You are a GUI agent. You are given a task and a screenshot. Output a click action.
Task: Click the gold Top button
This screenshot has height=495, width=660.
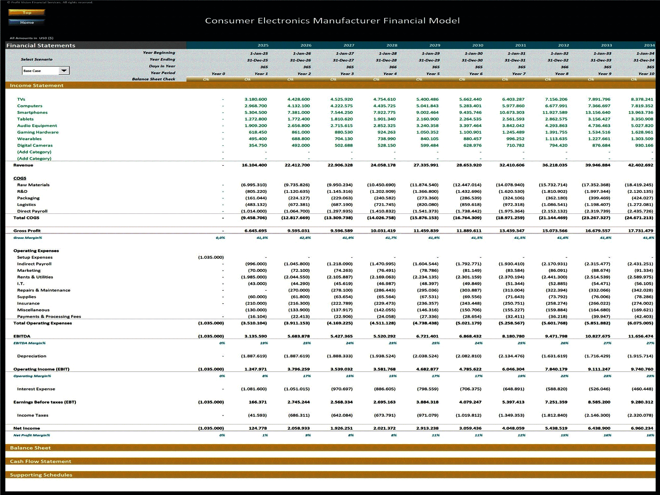point(27,12)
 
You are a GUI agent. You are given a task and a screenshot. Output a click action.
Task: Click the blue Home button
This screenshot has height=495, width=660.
point(27,22)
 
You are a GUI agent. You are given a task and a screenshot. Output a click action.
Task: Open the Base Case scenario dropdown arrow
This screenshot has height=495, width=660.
point(64,70)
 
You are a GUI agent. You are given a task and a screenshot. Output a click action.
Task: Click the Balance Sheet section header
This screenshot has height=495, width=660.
point(30,448)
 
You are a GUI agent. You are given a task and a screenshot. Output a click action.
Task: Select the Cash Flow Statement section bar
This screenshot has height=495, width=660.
point(41,461)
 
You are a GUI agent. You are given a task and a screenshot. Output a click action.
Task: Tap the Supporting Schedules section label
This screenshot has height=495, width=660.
point(41,475)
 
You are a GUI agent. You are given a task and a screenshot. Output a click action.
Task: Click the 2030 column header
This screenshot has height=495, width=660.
point(477,45)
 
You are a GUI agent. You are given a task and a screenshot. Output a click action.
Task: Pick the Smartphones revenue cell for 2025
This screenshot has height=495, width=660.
point(255,112)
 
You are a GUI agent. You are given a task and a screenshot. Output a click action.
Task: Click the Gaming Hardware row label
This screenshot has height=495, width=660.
point(38,132)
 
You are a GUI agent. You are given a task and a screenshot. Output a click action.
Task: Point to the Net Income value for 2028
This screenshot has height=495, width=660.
point(384,428)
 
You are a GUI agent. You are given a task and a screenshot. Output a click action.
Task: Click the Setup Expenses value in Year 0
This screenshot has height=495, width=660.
point(211,257)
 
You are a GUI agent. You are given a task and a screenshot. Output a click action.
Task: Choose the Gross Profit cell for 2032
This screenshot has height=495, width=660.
point(554,231)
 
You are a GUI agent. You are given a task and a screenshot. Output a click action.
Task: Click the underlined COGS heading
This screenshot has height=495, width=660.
point(20,178)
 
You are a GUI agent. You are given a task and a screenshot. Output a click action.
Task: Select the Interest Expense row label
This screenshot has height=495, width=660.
point(36,389)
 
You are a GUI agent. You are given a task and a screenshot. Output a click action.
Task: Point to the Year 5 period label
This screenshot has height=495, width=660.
point(433,74)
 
